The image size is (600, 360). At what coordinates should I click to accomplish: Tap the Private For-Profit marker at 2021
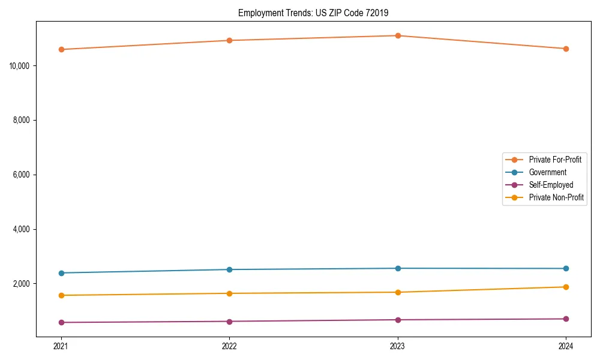pyautogui.click(x=61, y=49)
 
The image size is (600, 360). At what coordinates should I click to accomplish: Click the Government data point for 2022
pyautogui.click(x=229, y=269)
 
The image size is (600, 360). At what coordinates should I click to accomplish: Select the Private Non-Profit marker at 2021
pyautogui.click(x=61, y=295)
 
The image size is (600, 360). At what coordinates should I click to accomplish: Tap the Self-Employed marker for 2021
pyautogui.click(x=61, y=322)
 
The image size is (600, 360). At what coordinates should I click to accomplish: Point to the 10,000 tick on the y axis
pyautogui.click(x=21, y=65)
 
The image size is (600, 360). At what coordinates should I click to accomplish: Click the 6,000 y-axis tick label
pyautogui.click(x=23, y=175)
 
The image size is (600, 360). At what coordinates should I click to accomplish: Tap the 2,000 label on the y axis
pyautogui.click(x=23, y=284)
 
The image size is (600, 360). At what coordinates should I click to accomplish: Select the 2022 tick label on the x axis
pyautogui.click(x=229, y=346)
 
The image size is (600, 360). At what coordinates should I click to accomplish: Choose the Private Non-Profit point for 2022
pyautogui.click(x=229, y=293)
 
